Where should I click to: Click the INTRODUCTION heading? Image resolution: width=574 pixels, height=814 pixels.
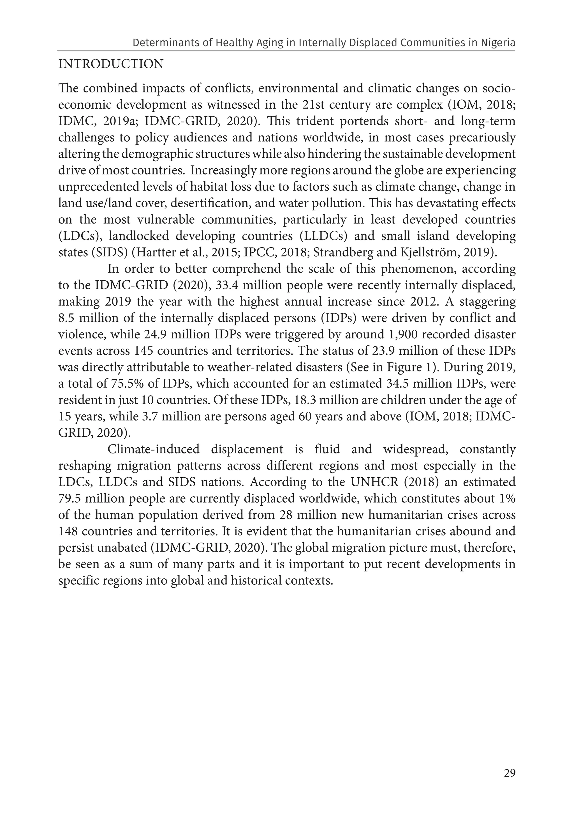pos(111,64)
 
